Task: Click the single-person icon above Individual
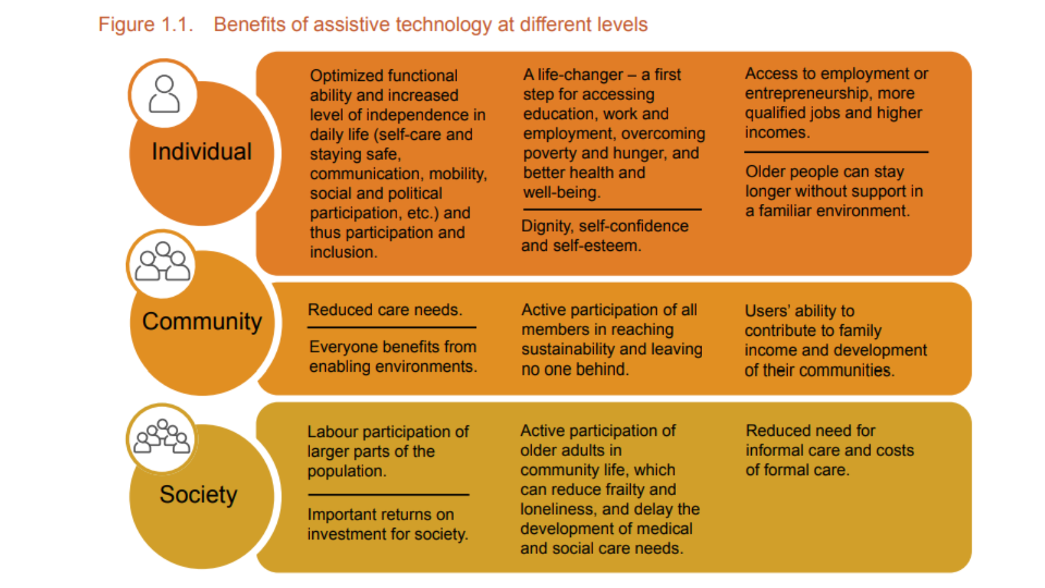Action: pyautogui.click(x=164, y=94)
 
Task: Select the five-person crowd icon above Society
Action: pyautogui.click(x=162, y=437)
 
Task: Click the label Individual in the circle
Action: pyautogui.click(x=201, y=152)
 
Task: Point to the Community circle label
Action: pyautogui.click(x=202, y=321)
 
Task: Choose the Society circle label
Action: pyautogui.click(x=198, y=495)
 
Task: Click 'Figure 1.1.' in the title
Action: pyautogui.click(x=146, y=25)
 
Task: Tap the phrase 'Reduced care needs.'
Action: pyautogui.click(x=385, y=310)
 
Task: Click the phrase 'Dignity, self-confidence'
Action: pyautogui.click(x=604, y=226)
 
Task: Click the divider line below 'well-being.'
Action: pyautogui.click(x=612, y=210)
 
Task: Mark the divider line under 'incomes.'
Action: pyautogui.click(x=836, y=152)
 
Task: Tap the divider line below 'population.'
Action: pyautogui.click(x=388, y=495)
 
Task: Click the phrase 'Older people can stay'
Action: pyautogui.click(x=824, y=172)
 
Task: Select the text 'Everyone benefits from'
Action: pyautogui.click(x=393, y=347)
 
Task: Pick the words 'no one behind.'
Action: pyautogui.click(x=575, y=370)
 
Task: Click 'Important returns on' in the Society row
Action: pyautogui.click(x=380, y=515)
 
